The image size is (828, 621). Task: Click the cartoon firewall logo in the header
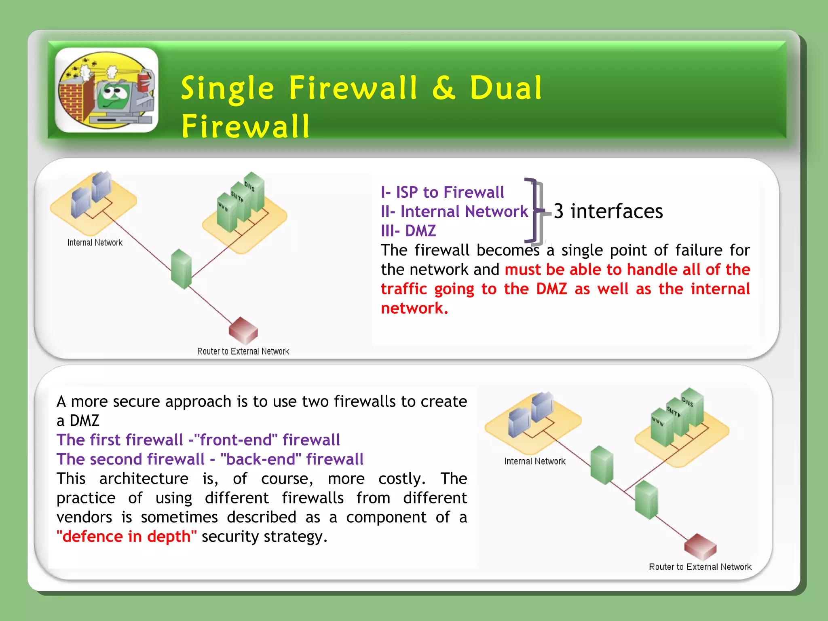pos(107,90)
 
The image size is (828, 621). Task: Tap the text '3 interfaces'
pos(608,211)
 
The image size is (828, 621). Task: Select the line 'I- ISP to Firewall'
pos(442,192)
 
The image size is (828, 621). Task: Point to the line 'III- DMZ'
pos(408,231)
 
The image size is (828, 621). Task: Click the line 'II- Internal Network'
pos(454,211)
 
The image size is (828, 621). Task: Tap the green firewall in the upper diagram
pos(181,269)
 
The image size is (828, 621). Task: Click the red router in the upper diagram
pos(243,330)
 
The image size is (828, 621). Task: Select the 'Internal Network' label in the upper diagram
pos(95,243)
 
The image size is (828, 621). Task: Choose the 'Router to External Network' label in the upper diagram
pos(243,351)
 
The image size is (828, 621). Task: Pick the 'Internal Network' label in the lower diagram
pos(535,461)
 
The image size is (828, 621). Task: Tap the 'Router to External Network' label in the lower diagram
pos(700,567)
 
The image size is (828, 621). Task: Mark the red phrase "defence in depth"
pos(127,537)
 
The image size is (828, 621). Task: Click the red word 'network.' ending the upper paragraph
pos(414,308)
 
